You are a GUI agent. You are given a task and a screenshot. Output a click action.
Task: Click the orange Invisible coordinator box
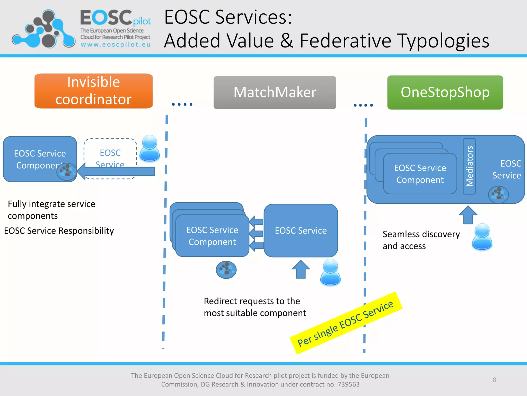click(x=93, y=91)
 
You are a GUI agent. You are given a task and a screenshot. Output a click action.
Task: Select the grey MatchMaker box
click(x=275, y=93)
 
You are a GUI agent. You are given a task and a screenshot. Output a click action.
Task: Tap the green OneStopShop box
click(x=445, y=92)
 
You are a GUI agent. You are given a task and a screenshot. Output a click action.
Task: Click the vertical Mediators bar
click(x=469, y=166)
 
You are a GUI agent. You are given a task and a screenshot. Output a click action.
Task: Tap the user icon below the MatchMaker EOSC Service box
click(x=330, y=272)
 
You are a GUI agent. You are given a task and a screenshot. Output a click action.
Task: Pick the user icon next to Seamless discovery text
click(x=482, y=237)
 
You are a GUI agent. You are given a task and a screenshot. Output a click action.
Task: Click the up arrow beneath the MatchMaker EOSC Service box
click(x=301, y=270)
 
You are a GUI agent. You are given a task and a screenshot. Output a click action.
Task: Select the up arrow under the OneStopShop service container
click(x=468, y=215)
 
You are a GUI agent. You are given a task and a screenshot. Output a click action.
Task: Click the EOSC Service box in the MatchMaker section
click(x=301, y=230)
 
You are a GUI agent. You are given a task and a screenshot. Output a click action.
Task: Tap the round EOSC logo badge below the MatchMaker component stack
click(x=226, y=270)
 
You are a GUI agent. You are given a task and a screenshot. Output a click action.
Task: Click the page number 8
click(x=494, y=380)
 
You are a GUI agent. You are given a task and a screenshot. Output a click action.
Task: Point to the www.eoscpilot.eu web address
click(x=116, y=45)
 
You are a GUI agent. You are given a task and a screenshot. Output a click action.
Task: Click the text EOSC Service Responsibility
click(x=59, y=231)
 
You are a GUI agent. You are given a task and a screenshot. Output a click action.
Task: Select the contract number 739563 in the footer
click(x=348, y=384)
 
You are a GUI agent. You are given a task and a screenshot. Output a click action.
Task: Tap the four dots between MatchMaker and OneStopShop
click(x=363, y=105)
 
